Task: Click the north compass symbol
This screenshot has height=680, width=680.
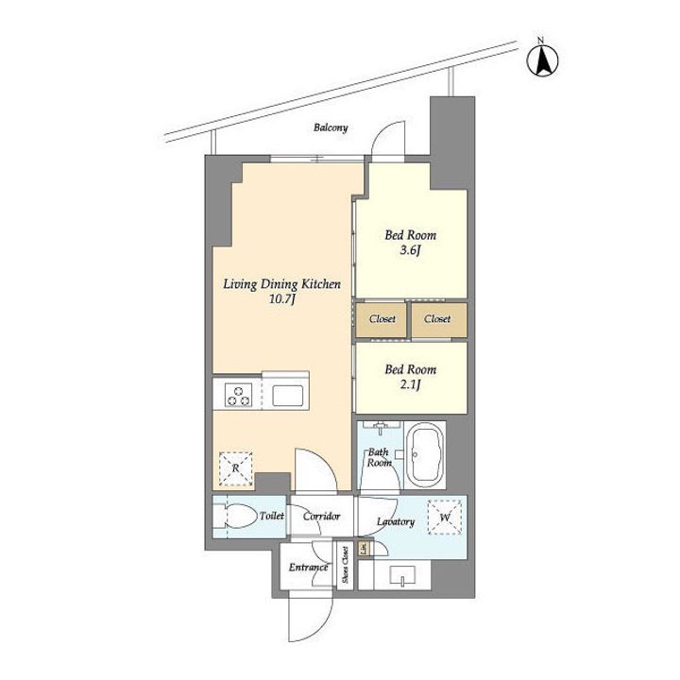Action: (x=542, y=60)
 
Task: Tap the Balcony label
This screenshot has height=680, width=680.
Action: (x=331, y=127)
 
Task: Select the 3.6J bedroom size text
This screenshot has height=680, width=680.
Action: (x=410, y=250)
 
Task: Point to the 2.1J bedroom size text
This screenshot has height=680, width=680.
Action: (x=410, y=384)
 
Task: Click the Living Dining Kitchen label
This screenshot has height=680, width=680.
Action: (x=281, y=284)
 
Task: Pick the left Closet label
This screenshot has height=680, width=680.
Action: (x=382, y=319)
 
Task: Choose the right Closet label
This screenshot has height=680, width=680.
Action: (x=437, y=319)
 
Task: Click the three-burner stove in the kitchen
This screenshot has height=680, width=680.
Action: (x=239, y=395)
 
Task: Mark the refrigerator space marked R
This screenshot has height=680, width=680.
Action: (x=235, y=468)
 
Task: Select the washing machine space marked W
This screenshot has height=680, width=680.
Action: (x=445, y=518)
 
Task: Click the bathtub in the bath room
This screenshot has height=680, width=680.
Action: (x=427, y=455)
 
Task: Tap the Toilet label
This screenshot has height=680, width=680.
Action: (x=272, y=516)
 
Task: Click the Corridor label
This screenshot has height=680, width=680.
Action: (x=322, y=517)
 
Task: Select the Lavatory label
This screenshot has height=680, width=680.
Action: (x=396, y=521)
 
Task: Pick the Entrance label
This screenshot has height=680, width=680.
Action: (x=308, y=568)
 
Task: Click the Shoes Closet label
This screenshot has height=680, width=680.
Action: (x=346, y=564)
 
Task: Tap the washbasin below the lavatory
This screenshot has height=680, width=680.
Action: (x=402, y=575)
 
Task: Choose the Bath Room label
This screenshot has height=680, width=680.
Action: (x=379, y=457)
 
